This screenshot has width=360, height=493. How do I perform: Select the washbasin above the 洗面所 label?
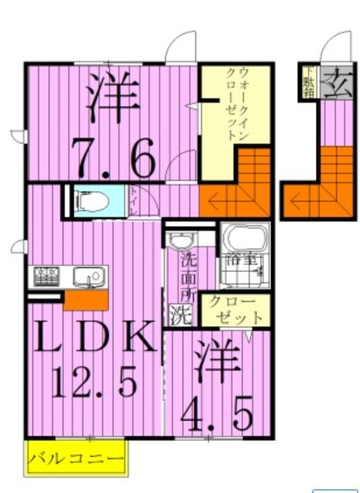(x=182, y=240)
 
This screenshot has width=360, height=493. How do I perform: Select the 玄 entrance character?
(x=336, y=80)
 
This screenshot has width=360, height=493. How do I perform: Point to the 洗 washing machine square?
(x=180, y=315)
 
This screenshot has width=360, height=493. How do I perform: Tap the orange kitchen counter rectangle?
(x=85, y=299)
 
